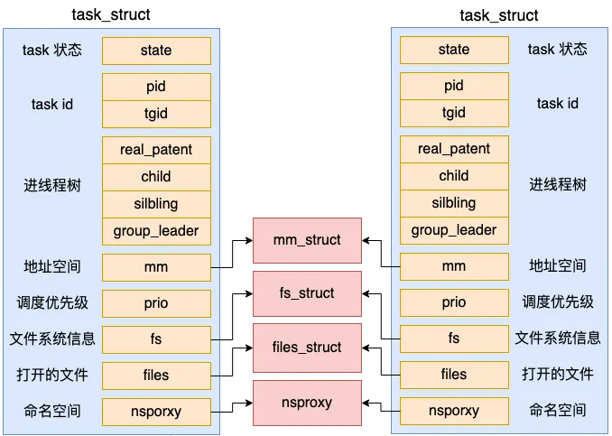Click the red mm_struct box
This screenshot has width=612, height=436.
[x=307, y=240]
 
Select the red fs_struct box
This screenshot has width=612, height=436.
[x=307, y=293]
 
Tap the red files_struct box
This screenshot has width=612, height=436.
[x=307, y=348]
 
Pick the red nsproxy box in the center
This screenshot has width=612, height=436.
[x=307, y=402]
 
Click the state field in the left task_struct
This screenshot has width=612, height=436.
[x=156, y=51]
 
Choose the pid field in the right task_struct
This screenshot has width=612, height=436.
[x=453, y=87]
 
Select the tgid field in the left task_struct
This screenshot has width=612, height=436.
[x=156, y=114]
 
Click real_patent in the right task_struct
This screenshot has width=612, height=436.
[x=453, y=149]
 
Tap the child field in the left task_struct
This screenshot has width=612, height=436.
[x=156, y=176]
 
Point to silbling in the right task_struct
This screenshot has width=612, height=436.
[x=453, y=203]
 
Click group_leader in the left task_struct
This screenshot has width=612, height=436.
[x=156, y=230]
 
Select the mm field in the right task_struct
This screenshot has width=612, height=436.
[x=453, y=267]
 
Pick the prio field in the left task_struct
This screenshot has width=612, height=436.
[x=156, y=303]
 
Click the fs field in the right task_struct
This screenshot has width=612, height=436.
[x=453, y=339]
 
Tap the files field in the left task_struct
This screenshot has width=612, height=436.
[x=156, y=375]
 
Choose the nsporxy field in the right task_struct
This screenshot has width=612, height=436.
[x=453, y=411]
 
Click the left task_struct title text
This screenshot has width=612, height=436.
[x=111, y=15]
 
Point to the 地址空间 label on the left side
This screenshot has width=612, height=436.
[x=51, y=267]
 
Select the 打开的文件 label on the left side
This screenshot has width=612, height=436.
[x=51, y=375]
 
